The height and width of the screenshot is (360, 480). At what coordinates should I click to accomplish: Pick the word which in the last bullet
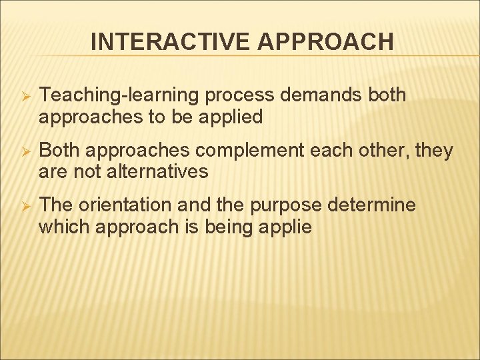point(65,227)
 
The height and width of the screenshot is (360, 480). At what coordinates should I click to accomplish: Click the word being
point(225,227)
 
